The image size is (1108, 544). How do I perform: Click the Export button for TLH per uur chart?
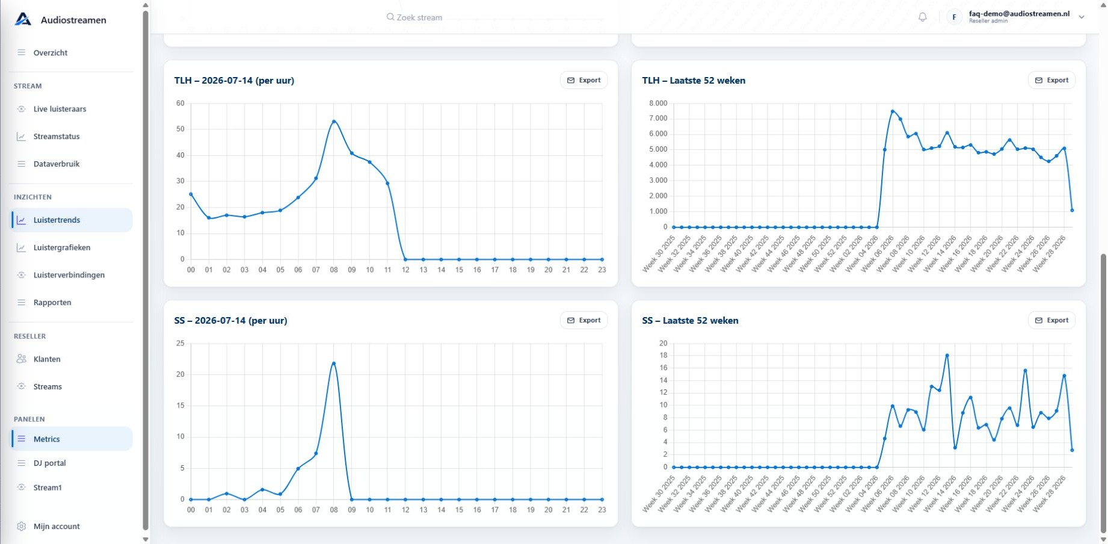[583, 80]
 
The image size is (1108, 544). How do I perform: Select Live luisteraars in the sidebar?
[60, 109]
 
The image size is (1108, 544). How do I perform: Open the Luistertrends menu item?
[57, 220]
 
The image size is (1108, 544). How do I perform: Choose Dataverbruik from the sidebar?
[57, 164]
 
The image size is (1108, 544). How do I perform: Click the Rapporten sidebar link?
[52, 303]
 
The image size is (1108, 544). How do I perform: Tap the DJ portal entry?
[50, 463]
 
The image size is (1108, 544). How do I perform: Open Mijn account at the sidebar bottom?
[57, 527]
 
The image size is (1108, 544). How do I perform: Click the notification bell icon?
[922, 17]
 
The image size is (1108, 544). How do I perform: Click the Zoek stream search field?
[415, 17]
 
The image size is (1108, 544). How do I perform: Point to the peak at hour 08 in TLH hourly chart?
[334, 122]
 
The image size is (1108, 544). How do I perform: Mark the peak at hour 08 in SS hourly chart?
[334, 363]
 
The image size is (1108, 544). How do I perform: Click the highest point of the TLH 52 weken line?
[893, 111]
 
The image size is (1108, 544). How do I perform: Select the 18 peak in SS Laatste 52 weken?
[947, 356]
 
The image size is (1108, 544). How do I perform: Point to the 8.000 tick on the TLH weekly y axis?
[658, 104]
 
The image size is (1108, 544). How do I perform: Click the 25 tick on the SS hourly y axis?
[180, 344]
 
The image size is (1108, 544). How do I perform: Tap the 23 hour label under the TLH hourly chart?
[602, 270]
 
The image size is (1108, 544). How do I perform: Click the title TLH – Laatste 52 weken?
[694, 81]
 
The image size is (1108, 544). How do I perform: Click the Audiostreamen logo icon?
[23, 19]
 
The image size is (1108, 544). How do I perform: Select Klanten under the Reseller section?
[47, 359]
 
